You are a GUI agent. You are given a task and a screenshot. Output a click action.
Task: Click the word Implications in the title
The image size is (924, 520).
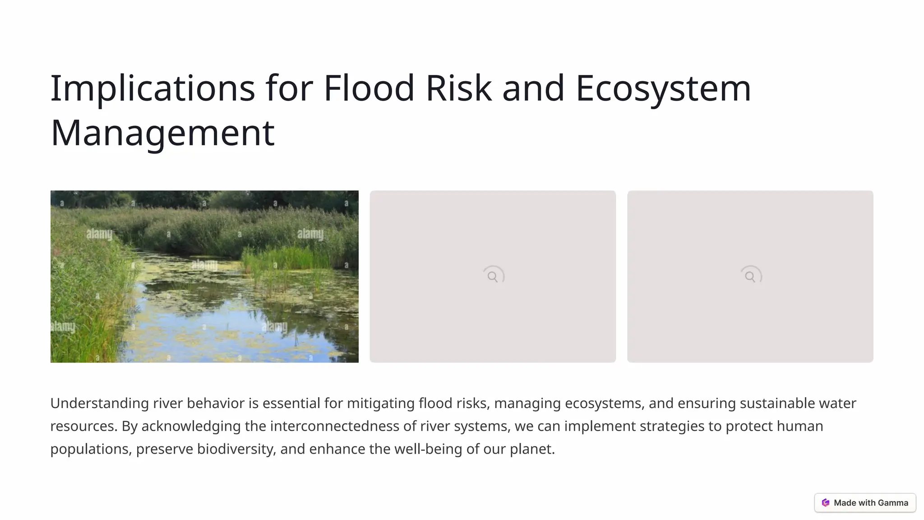tap(152, 88)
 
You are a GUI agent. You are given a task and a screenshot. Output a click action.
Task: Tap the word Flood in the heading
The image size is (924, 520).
tap(369, 88)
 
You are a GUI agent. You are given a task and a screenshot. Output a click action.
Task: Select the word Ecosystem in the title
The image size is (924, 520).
tap(663, 88)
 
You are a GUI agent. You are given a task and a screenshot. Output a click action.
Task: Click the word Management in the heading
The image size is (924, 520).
tap(162, 132)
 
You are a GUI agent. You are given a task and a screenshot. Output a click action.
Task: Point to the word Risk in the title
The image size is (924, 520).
tap(458, 88)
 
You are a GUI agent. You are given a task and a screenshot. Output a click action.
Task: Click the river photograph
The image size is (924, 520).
tap(204, 276)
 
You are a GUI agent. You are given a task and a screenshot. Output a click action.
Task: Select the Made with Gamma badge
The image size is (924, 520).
tap(865, 503)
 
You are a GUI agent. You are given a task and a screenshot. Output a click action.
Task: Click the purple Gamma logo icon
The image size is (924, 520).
tap(826, 503)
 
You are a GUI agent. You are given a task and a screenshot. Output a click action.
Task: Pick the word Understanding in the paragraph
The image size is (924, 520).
tap(99, 403)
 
